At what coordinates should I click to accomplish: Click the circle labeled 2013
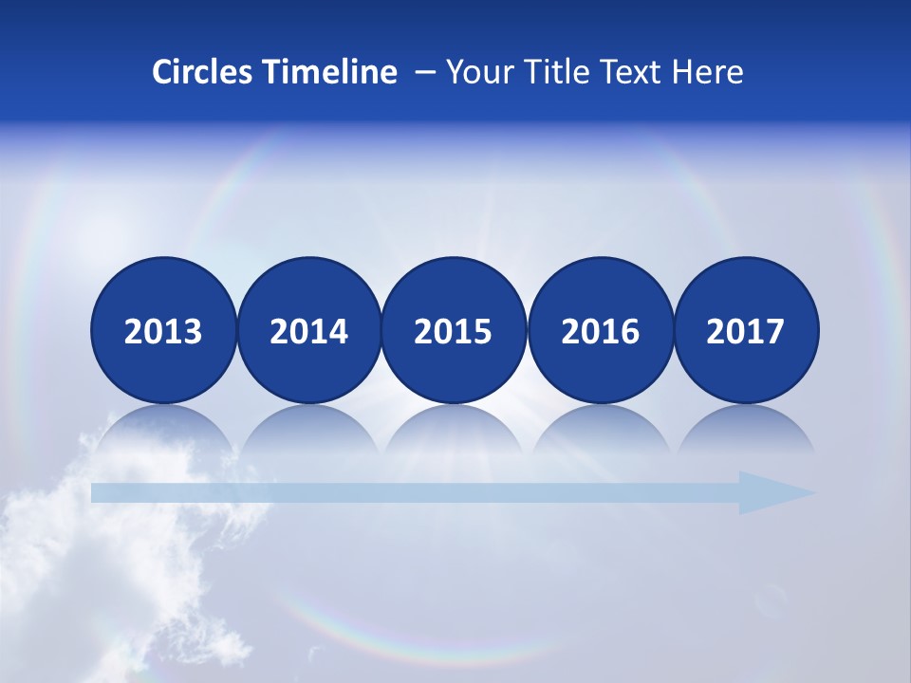(163, 330)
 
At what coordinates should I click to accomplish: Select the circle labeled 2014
(309, 330)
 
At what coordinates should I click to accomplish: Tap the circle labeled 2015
(454, 330)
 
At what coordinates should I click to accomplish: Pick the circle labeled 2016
(600, 330)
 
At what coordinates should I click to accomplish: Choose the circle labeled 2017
(746, 330)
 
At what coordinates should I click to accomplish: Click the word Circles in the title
(202, 72)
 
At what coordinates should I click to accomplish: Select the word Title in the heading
(551, 72)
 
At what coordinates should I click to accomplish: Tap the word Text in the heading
(631, 72)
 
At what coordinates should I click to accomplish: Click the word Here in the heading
(708, 72)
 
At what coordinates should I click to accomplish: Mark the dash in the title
(425, 73)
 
